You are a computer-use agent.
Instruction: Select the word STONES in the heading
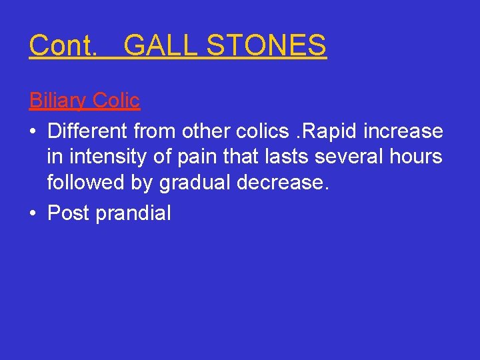[267, 45]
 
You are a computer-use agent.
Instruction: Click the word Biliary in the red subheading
[57, 101]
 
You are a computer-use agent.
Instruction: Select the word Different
[89, 131]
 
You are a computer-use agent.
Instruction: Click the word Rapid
[323, 131]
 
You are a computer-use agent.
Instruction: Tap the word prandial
[133, 213]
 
